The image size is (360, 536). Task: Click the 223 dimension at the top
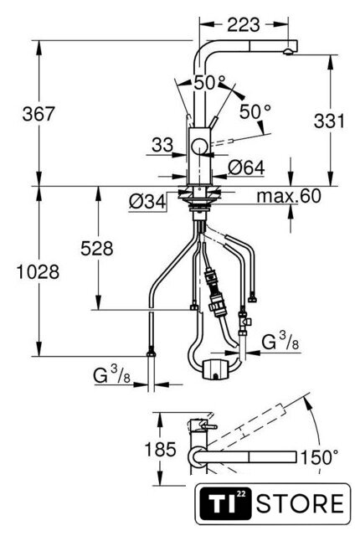coord(244,24)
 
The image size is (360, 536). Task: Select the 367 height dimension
coord(39,114)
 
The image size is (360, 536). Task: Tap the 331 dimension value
coord(329,121)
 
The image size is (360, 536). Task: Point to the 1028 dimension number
coord(39,272)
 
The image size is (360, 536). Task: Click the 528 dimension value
coord(97,249)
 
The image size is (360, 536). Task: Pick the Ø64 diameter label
coord(247,167)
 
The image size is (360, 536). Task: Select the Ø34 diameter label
coord(147,202)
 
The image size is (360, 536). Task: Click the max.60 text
coord(289,196)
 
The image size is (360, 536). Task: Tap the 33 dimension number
coord(162,145)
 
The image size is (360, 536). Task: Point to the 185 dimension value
coord(161,449)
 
